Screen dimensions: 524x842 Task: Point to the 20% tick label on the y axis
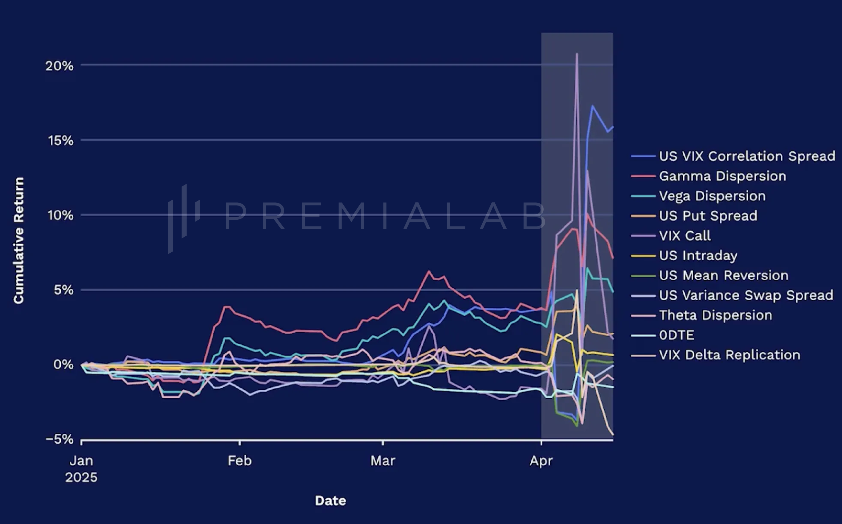click(59, 66)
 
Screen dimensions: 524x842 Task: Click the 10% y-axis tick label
click(60, 216)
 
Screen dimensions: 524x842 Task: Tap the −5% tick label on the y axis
click(60, 439)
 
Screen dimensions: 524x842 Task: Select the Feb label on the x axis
click(239, 461)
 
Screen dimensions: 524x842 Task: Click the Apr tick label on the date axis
click(541, 461)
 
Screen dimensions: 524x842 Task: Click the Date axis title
click(330, 500)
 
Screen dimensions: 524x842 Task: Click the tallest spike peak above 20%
click(577, 54)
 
